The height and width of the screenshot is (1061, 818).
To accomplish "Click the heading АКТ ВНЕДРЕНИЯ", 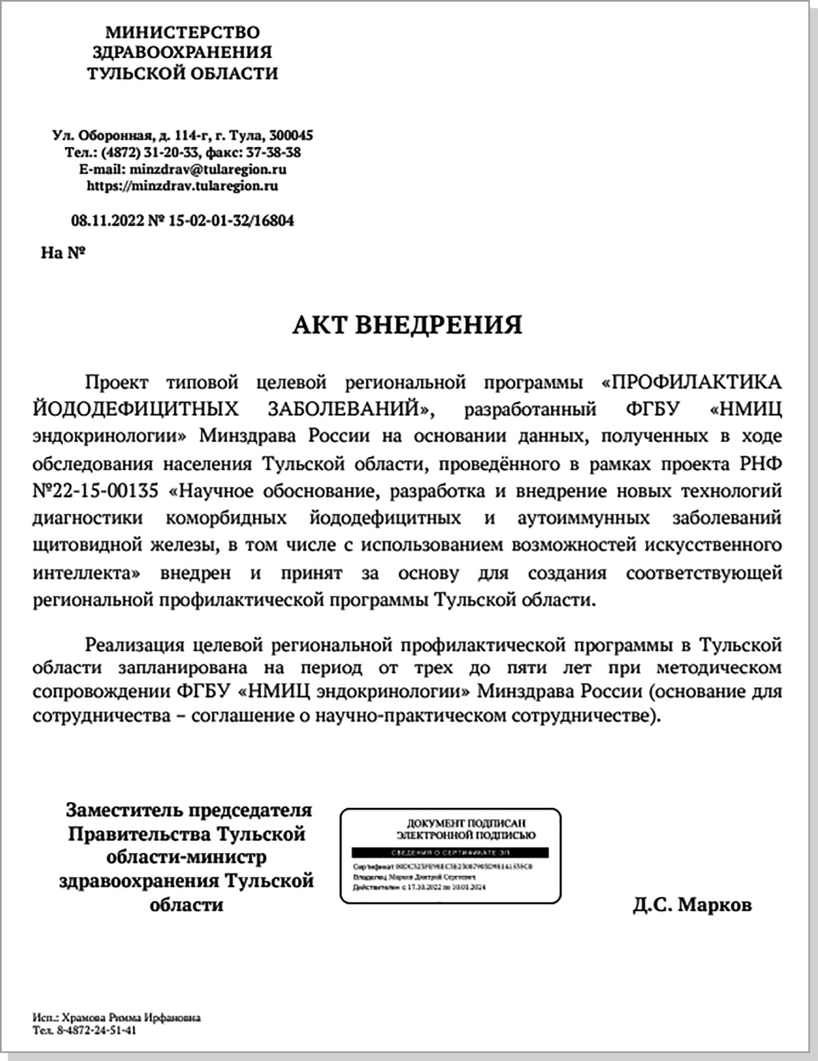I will [x=407, y=325].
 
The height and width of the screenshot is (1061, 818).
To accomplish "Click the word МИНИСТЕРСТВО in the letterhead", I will [x=182, y=33].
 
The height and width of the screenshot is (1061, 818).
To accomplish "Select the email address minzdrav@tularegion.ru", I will [x=208, y=169].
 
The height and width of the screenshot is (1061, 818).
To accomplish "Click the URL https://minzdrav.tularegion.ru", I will [x=182, y=186].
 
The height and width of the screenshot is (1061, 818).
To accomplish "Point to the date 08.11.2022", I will [x=108, y=220].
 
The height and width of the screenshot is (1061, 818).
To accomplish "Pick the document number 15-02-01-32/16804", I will [x=231, y=220].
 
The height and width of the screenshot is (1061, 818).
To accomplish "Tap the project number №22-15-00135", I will [x=95, y=491].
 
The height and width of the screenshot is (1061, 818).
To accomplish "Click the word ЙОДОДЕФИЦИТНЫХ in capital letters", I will [x=135, y=409].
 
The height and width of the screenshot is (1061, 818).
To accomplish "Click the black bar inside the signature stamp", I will [x=450, y=853].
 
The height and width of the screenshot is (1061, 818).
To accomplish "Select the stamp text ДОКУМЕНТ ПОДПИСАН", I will [x=466, y=823].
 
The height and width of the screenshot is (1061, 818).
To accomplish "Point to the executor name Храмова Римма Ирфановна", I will [x=131, y=1018].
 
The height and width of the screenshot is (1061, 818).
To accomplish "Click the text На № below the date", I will [x=63, y=253].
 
